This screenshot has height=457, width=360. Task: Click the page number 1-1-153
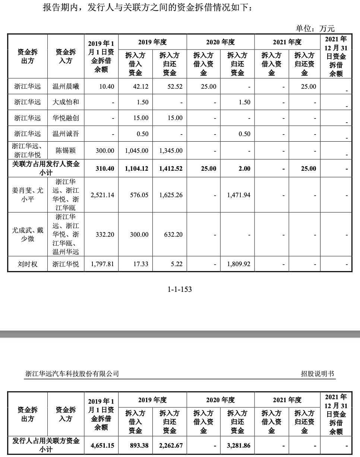pos(180,289)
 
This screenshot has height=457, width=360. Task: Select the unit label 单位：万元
pos(315,28)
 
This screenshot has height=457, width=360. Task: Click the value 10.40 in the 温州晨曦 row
pos(107,87)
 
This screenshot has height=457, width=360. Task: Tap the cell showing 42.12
pos(140,87)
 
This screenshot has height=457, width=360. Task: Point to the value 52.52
pos(175,87)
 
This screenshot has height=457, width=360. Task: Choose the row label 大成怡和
pos(66,102)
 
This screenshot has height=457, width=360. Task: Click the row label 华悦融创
pos(66,118)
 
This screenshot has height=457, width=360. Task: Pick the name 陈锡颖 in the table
pos(66,151)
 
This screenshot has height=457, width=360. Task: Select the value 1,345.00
pos(171,151)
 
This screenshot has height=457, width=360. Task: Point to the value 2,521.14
pos(102,195)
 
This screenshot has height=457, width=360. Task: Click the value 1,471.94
pos(239,195)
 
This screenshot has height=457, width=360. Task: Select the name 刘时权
pos(28,264)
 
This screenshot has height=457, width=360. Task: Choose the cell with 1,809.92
pos(239,264)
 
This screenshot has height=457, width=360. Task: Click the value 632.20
pos(173,235)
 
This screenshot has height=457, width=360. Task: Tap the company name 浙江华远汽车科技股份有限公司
pos(72,374)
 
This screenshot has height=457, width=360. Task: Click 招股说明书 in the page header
pos(318,374)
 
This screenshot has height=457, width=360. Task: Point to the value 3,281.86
pos(239,445)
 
